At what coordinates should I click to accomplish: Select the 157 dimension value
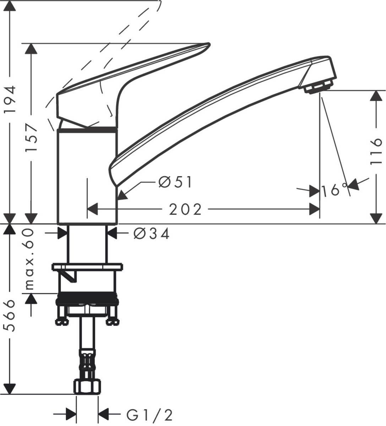click(32, 138)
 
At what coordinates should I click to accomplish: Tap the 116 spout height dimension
click(376, 152)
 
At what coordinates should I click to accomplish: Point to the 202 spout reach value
click(185, 209)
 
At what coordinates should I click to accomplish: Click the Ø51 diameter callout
click(175, 182)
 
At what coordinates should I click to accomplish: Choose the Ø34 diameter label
click(152, 234)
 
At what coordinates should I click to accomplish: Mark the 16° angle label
click(334, 191)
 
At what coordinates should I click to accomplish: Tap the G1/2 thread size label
click(149, 414)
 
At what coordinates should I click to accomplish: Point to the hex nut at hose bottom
click(87, 387)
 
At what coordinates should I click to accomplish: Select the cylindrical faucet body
click(87, 177)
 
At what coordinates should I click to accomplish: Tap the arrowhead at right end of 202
click(315, 209)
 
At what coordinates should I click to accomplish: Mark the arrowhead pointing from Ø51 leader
click(121, 195)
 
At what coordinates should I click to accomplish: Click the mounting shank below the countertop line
click(87, 244)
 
